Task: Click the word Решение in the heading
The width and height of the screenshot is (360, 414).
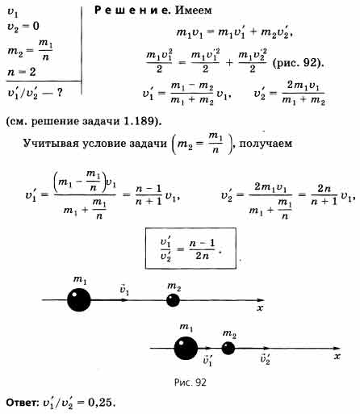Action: tap(133, 10)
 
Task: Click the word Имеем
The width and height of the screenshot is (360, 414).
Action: tap(194, 10)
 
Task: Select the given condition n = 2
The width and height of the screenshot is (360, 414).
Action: tap(22, 72)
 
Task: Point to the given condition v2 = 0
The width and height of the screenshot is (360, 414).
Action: tap(23, 27)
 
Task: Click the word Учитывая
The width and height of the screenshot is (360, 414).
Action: tap(50, 144)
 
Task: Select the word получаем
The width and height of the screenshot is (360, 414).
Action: tap(266, 144)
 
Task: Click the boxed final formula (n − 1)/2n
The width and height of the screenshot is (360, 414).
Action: tap(190, 249)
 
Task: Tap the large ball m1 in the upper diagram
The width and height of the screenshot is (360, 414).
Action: tap(79, 299)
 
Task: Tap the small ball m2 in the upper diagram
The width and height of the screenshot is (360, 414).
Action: tap(173, 300)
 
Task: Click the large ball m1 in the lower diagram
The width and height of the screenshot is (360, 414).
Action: tap(186, 348)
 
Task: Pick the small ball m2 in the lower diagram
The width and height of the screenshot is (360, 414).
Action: tap(228, 348)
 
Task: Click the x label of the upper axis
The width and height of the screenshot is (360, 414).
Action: tap(260, 308)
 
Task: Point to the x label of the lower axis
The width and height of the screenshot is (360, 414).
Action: tap(337, 357)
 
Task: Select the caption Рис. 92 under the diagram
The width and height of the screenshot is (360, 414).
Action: tap(190, 382)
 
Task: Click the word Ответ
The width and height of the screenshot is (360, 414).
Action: tap(23, 403)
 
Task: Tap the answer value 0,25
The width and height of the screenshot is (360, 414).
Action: tap(100, 403)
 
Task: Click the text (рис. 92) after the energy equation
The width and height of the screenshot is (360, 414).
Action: tap(298, 64)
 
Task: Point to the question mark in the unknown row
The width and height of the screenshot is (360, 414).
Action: tap(60, 93)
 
